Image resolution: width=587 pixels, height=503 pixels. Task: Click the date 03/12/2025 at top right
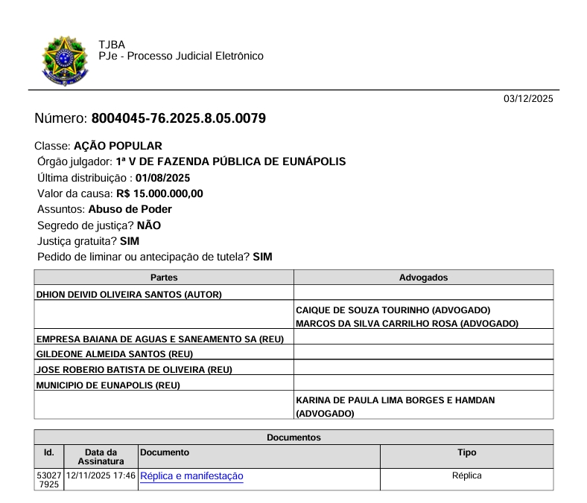[528, 99]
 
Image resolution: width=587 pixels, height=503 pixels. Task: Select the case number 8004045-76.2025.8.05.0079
[179, 119]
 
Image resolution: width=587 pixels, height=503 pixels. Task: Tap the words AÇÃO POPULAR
[123, 146]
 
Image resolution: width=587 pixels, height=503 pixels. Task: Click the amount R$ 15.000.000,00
[160, 193]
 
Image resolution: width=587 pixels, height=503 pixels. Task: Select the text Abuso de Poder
[130, 209]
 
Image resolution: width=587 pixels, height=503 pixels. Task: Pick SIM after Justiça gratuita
[130, 241]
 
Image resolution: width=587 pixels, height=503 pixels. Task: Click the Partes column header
[164, 278]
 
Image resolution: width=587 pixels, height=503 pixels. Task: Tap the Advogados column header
[424, 278]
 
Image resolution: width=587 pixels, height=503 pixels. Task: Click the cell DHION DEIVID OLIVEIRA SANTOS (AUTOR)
[130, 294]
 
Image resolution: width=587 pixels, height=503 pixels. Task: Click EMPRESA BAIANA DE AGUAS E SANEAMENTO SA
[147, 339]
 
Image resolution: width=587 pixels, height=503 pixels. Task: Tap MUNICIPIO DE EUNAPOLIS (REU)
[109, 385]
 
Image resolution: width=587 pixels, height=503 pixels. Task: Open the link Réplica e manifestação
[191, 475]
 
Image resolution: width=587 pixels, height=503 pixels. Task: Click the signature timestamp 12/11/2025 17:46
[101, 475]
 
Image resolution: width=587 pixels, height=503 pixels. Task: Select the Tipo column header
[466, 452]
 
